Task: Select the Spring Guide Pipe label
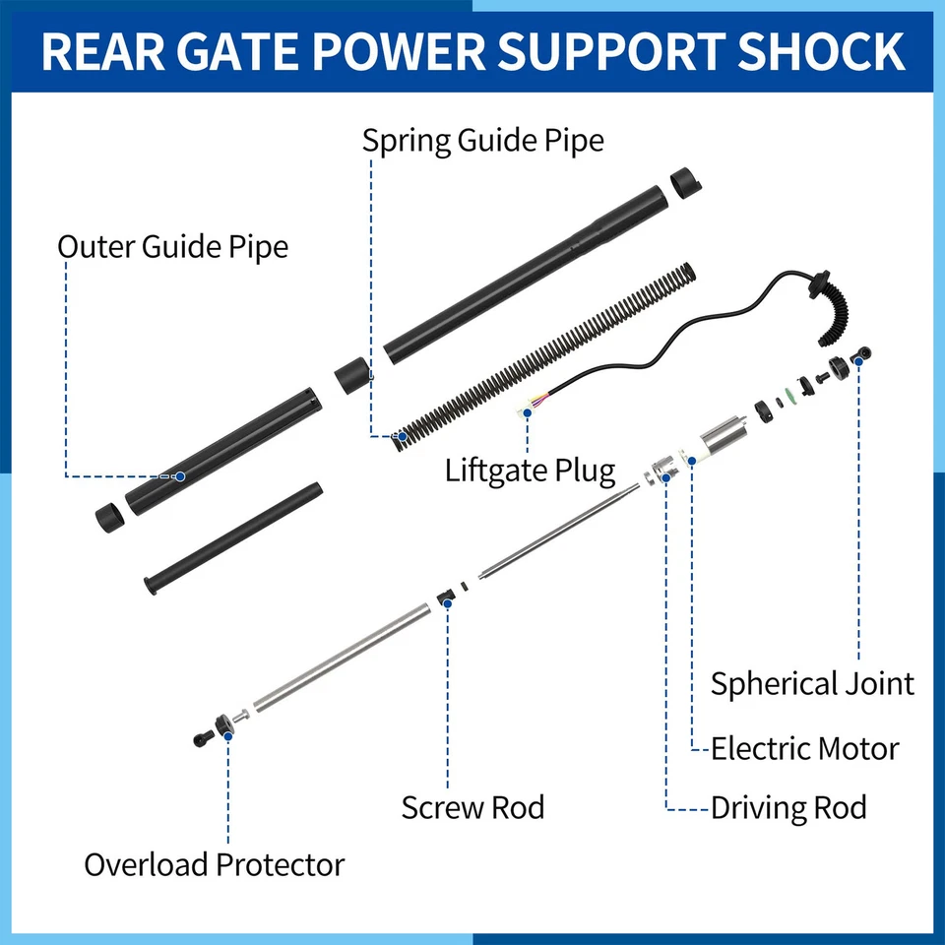tap(482, 140)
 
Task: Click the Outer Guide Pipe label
tap(172, 245)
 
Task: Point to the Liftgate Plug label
tap(530, 470)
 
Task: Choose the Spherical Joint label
tap(812, 683)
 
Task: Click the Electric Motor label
tap(804, 748)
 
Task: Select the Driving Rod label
tap(788, 808)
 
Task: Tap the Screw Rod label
tap(472, 808)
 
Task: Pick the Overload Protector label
tap(214, 865)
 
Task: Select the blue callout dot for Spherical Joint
tap(858, 361)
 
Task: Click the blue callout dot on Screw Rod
tap(447, 601)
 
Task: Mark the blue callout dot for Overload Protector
tap(227, 732)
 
